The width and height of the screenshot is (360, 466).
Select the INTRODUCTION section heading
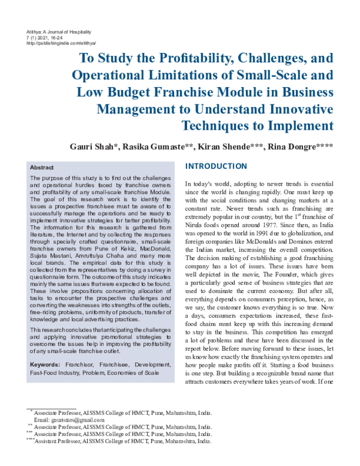(x=216, y=166)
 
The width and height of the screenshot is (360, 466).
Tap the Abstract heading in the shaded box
(x=41, y=168)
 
